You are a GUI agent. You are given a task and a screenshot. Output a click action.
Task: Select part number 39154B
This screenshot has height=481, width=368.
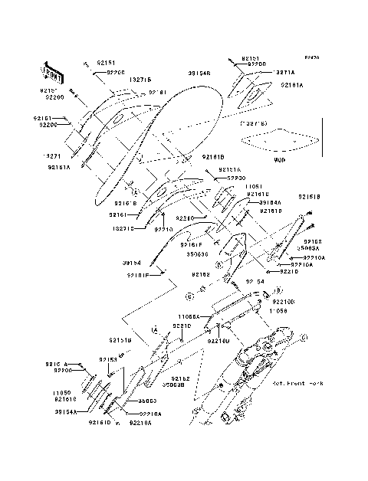tap(199, 74)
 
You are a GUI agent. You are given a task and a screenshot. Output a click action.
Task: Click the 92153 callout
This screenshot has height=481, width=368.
tap(107, 358)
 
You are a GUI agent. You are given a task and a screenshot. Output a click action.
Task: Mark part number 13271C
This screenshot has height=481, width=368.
tap(122, 227)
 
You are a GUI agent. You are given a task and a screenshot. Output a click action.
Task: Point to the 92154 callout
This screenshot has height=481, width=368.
tap(254, 281)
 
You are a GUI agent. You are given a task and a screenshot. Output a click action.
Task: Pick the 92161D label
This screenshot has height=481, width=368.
tap(100, 422)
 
